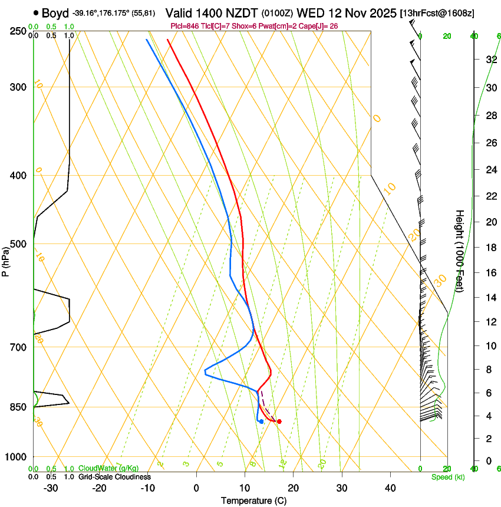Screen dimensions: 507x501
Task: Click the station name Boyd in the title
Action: click(x=55, y=12)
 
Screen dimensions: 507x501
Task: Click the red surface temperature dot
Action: click(x=279, y=421)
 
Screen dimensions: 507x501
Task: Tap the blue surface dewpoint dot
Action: click(x=261, y=421)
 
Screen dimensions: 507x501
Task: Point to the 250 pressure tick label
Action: click(x=18, y=31)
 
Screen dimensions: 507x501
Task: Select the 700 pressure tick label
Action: click(x=18, y=347)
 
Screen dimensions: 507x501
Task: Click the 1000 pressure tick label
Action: click(x=17, y=457)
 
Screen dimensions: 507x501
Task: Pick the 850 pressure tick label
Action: click(x=18, y=407)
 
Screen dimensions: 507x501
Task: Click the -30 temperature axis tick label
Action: click(x=51, y=488)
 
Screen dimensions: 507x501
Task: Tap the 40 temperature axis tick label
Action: click(x=390, y=488)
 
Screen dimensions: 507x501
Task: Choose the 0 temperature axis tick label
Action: click(x=197, y=488)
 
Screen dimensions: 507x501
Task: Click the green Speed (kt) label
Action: click(x=447, y=477)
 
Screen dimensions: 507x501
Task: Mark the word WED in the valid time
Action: click(x=309, y=12)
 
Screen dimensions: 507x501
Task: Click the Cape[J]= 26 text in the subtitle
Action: click(x=322, y=27)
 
